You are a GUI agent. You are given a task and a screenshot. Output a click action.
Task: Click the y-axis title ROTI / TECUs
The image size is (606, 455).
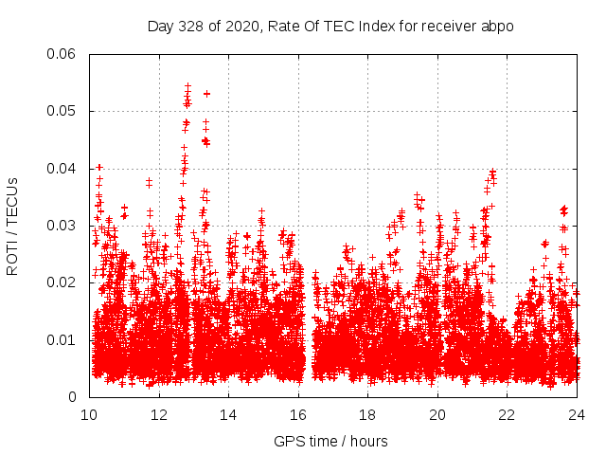(x=12, y=226)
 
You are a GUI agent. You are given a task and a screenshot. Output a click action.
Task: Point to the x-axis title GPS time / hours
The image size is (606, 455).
(x=330, y=441)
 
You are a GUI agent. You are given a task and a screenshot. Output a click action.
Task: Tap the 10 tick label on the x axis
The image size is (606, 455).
(x=90, y=415)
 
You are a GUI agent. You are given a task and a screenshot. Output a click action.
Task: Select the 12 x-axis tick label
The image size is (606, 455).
(x=159, y=415)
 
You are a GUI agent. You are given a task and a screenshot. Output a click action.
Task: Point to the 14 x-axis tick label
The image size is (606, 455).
(x=229, y=415)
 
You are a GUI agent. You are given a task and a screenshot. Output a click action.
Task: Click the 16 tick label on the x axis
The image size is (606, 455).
(x=299, y=415)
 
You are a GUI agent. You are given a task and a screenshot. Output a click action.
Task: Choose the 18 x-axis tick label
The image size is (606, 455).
(x=368, y=415)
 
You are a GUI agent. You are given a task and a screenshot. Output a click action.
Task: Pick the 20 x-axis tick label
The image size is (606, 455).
(x=438, y=415)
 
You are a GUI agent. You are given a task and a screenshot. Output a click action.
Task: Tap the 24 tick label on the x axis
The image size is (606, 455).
(x=578, y=415)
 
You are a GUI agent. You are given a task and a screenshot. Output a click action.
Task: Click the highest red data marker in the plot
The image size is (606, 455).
(x=187, y=86)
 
